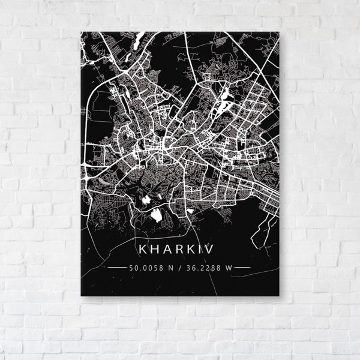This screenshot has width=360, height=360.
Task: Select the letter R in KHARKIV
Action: coord(182,248)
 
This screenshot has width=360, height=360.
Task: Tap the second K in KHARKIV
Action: coord(196,248)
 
